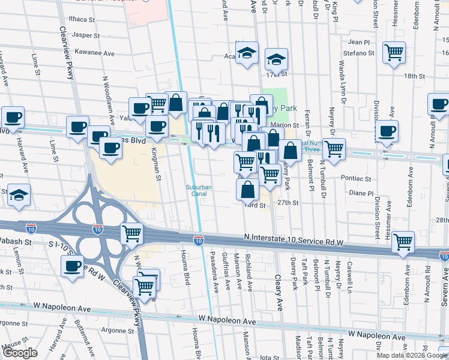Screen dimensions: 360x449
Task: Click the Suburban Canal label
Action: [x=199, y=190]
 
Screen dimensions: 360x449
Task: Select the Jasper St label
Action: [x=85, y=35]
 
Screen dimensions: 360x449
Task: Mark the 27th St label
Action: [x=288, y=203]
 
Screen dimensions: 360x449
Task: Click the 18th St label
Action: [x=414, y=76]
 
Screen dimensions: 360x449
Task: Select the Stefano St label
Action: [x=358, y=53]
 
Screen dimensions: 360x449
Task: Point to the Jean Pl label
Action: [x=359, y=42]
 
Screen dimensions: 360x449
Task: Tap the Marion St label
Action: [x=285, y=125]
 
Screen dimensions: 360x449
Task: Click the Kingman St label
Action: [x=156, y=164]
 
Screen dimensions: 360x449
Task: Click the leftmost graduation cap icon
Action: [x=19, y=194]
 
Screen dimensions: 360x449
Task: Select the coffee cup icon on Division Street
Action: [x=387, y=130]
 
